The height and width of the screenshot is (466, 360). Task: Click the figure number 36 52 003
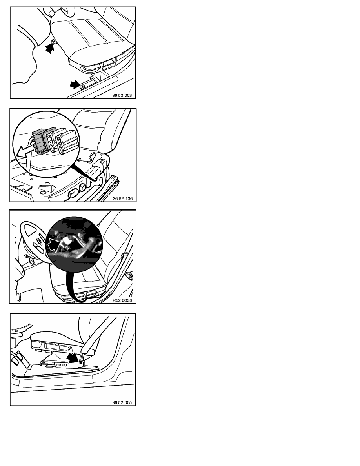[122, 95]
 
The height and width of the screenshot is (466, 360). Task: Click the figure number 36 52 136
[122, 198]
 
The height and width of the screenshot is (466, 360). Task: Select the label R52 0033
[122, 300]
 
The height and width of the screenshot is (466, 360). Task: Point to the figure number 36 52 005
[122, 402]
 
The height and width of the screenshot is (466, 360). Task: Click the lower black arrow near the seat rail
[75, 84]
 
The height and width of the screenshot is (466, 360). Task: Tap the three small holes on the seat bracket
[62, 365]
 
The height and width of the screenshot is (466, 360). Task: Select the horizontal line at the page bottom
[182, 446]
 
